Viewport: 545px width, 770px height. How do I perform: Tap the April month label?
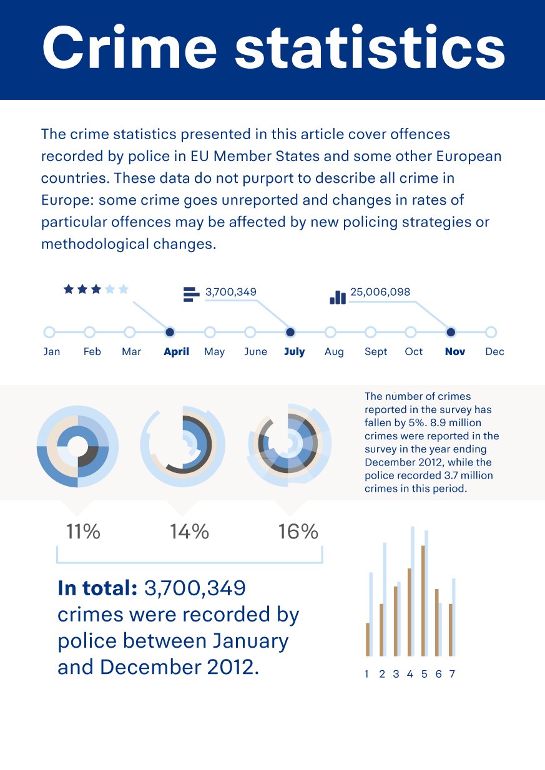[176, 352]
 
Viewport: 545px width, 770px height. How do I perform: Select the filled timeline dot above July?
[290, 332]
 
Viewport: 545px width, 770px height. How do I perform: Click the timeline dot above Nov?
[451, 332]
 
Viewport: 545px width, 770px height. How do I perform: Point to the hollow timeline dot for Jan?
[49, 332]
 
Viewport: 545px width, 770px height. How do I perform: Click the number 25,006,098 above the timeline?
[380, 292]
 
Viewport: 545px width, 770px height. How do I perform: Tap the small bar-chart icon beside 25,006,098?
[338, 297]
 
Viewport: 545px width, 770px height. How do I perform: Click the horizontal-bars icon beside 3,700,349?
[190, 294]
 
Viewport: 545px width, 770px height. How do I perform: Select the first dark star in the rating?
[68, 289]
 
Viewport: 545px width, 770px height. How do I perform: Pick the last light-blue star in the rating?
[124, 289]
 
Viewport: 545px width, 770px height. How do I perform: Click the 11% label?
[83, 532]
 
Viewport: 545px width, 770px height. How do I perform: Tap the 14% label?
[189, 532]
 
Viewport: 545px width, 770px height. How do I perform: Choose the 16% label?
[298, 532]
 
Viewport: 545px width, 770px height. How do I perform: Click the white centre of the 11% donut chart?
[77, 446]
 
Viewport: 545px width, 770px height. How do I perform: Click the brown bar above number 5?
[423, 600]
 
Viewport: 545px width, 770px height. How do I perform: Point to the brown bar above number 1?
[368, 639]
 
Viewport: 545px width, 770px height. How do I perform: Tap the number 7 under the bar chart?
[452, 674]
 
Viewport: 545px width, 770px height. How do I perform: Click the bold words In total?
[97, 588]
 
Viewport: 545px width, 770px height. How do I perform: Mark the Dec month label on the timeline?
[494, 352]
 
